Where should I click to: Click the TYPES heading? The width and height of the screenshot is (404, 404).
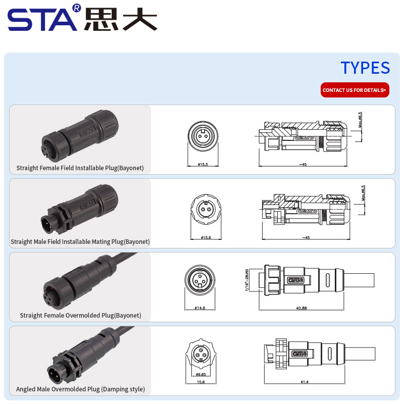pyautogui.click(x=365, y=68)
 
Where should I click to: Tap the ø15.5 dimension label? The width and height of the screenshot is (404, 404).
pyautogui.click(x=203, y=164)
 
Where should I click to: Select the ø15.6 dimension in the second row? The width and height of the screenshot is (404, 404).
pyautogui.click(x=206, y=237)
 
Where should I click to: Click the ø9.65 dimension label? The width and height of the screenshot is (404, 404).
pyautogui.click(x=200, y=374)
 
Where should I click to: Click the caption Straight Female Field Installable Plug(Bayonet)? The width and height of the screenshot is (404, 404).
pyautogui.click(x=80, y=168)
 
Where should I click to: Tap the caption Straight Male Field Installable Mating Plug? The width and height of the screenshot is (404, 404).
pyautogui.click(x=80, y=242)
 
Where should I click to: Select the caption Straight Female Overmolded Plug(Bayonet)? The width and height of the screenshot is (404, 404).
pyautogui.click(x=80, y=315)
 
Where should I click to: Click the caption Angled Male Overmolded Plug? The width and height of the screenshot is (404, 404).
pyautogui.click(x=80, y=389)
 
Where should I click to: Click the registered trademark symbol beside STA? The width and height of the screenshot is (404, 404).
pyautogui.click(x=77, y=8)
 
